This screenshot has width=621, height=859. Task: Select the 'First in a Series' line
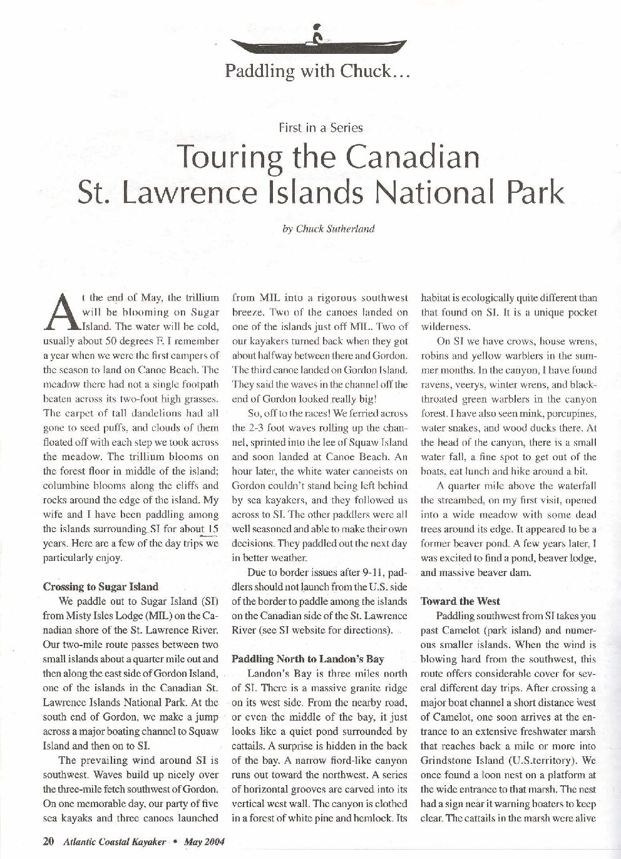point(321,128)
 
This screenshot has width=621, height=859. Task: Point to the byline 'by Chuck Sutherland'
point(328,229)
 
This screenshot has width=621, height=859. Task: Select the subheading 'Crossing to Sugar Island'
point(101,587)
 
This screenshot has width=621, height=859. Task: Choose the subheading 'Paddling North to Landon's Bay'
point(308,659)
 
